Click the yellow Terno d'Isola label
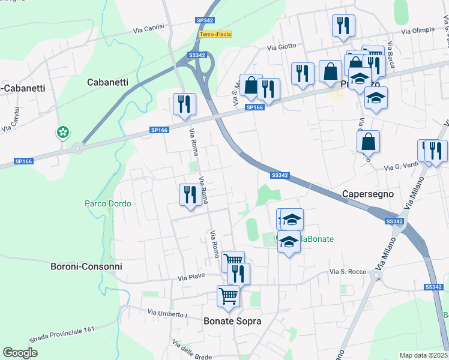pos(215,34)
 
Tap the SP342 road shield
pos(205,20)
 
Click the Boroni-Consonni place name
pos(86,266)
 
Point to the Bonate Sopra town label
pos(232,321)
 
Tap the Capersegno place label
pos(367,194)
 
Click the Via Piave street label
pos(191,277)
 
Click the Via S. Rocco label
pos(348,272)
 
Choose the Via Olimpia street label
pos(418,31)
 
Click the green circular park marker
pos(62,132)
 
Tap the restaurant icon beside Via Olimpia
pos(343,26)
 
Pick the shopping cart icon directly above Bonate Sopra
pos(228,296)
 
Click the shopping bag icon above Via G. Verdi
pos(368,142)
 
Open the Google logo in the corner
pos(20,353)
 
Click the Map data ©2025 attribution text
pos(424,355)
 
